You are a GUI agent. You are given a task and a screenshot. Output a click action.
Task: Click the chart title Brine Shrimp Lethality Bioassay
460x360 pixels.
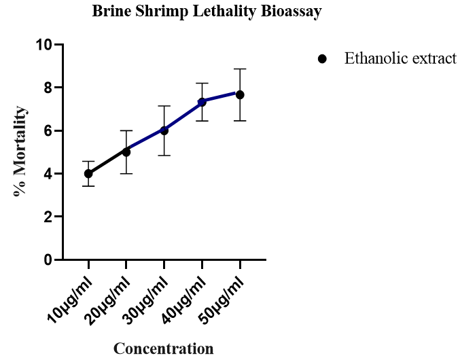point(207,12)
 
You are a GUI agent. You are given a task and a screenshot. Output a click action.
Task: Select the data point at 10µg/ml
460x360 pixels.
point(88,173)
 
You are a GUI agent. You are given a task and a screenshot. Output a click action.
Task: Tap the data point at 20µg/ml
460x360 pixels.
point(126,152)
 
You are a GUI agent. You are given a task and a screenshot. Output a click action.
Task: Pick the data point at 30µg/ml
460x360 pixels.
point(164,130)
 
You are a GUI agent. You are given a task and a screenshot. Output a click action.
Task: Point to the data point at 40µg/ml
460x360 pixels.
point(202,102)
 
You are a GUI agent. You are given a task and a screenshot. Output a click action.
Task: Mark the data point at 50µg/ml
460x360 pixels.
point(240,94)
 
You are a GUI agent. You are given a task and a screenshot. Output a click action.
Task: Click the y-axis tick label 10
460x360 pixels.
point(44,45)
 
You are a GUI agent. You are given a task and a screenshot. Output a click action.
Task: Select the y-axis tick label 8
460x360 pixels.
point(48,88)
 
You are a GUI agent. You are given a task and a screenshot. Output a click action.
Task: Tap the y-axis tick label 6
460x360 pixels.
point(48,131)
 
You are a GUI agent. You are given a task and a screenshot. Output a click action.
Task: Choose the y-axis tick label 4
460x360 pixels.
point(48,174)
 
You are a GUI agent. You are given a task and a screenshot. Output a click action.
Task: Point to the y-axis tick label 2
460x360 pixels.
point(48,217)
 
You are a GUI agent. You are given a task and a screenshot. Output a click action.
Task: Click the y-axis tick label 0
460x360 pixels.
point(48,260)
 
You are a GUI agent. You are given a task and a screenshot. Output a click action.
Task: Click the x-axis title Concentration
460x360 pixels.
point(163,349)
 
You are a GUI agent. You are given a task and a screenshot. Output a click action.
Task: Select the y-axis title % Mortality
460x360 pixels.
point(21,151)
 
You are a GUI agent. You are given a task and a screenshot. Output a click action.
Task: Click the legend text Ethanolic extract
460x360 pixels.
point(400,58)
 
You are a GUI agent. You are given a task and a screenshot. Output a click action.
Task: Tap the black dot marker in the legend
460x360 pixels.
point(323,59)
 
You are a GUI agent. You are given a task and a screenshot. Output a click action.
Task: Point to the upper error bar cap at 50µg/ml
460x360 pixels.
point(240,69)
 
